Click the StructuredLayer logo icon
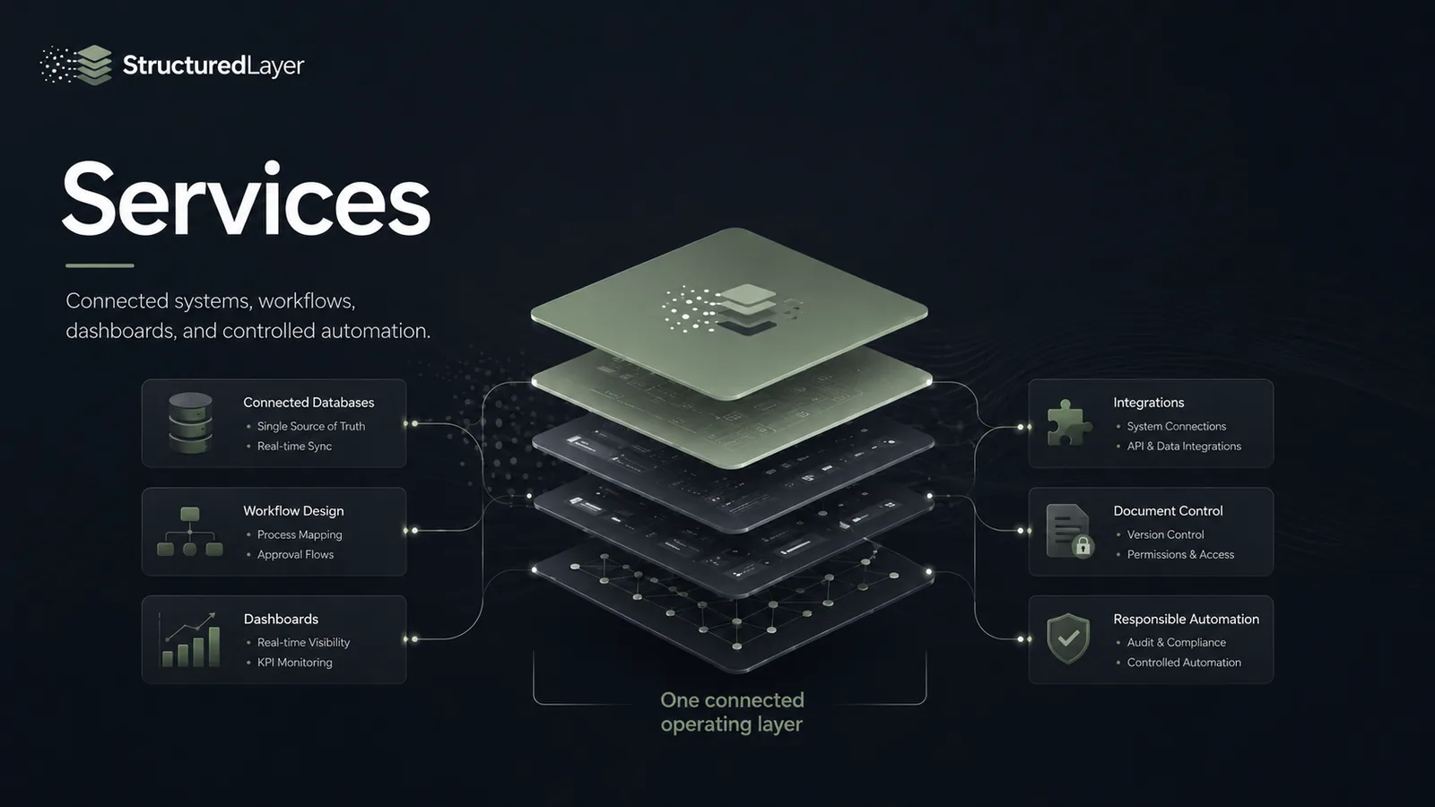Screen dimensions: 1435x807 pos(76,65)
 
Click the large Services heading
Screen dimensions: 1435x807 pos(247,200)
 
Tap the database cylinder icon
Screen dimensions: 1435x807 pos(190,423)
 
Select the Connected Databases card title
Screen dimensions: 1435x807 pos(309,403)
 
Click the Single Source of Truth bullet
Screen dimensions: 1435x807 pos(310,426)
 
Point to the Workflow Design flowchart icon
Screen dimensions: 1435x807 pos(189,532)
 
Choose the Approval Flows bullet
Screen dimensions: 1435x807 pos(295,555)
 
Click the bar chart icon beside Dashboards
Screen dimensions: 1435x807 pos(189,640)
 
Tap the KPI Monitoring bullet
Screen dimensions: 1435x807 pos(295,663)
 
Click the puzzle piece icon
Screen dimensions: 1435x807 pos(1068,422)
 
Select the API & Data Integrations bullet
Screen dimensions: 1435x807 pos(1184,446)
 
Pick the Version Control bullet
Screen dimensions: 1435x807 pos(1165,534)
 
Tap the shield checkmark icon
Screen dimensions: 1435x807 pos(1068,638)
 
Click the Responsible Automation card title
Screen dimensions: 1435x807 pos(1186,619)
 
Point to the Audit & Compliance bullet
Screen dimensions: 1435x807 pos(1176,642)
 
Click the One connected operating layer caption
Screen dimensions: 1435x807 pos(732,712)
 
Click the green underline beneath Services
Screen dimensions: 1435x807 pos(100,265)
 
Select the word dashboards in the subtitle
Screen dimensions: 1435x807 pos(121,331)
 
